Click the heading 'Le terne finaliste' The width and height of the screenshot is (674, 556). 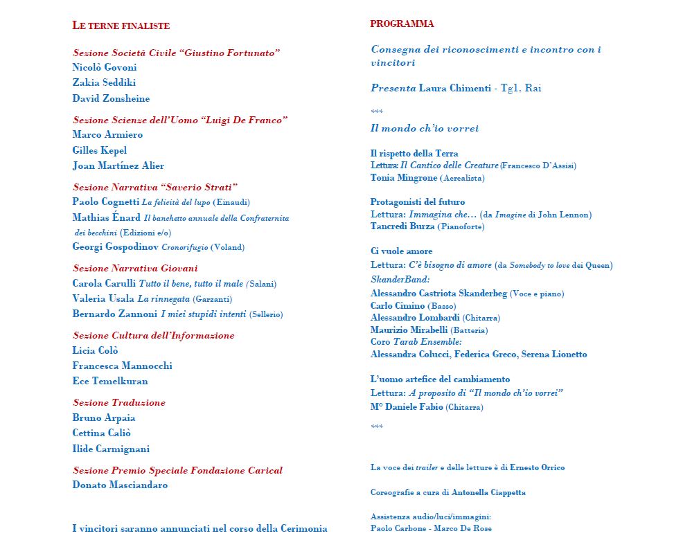click(x=121, y=26)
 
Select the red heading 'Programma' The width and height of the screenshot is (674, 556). click(x=402, y=24)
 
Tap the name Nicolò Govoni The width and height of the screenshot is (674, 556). click(x=105, y=67)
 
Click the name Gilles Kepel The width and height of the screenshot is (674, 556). click(x=99, y=150)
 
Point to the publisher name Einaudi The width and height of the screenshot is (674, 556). click(x=232, y=202)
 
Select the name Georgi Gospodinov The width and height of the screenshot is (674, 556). click(x=115, y=246)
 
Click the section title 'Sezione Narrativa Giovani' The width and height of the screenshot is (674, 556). click(x=135, y=268)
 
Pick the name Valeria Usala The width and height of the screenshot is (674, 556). click(x=103, y=298)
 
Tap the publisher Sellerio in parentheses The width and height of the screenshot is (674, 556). click(x=266, y=314)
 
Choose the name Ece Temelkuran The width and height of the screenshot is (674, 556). click(x=110, y=381)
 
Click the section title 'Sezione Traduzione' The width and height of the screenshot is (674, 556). click(x=118, y=402)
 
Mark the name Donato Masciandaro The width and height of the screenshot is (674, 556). click(x=120, y=485)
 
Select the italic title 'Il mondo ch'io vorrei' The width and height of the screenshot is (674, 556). click(x=425, y=128)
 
